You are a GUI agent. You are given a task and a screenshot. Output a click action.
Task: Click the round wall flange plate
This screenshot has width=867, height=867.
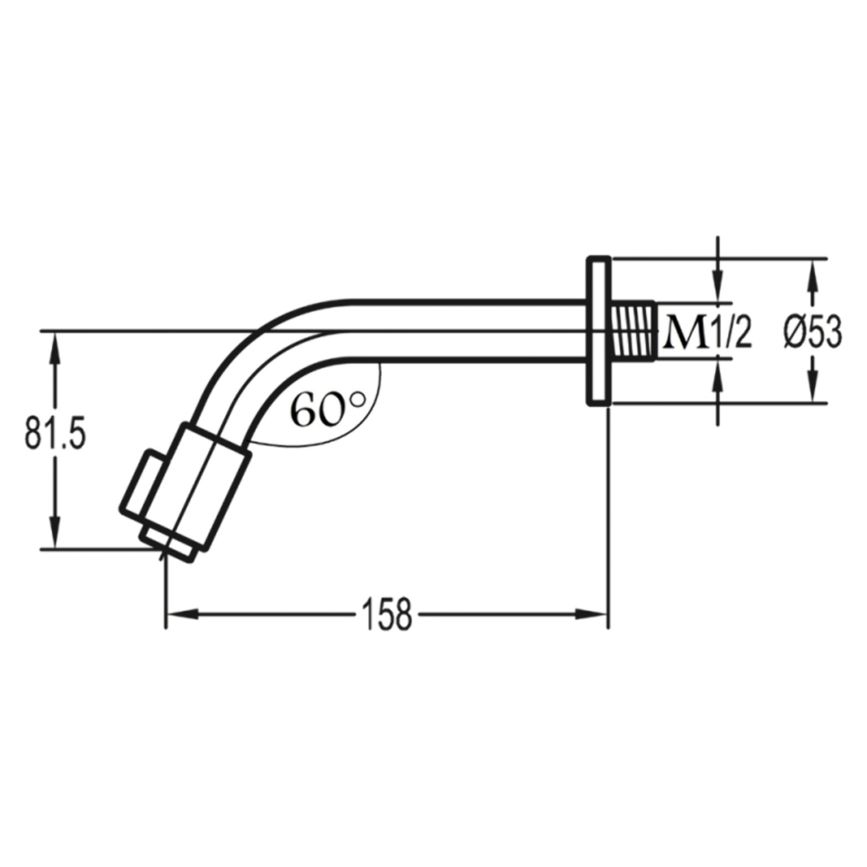click(599, 331)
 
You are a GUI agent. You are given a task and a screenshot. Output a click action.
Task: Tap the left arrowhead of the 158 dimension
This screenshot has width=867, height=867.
click(179, 614)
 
